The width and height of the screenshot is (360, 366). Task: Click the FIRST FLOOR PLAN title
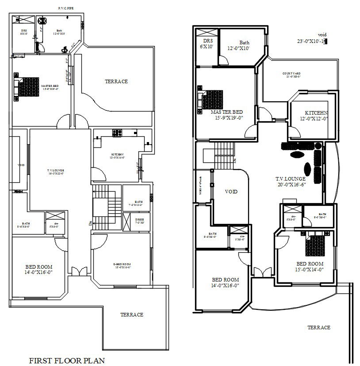tap(67, 360)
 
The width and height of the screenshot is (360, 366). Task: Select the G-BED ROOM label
tap(122, 265)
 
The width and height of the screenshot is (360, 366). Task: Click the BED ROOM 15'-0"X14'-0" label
tap(310, 266)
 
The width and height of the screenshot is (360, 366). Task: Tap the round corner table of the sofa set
tap(318, 145)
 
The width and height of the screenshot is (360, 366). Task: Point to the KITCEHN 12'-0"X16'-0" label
tap(117, 156)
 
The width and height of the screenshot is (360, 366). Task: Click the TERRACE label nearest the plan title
tap(132, 315)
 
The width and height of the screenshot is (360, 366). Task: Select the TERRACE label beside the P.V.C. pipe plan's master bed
tap(116, 81)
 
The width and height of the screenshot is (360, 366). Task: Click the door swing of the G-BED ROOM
tap(99, 241)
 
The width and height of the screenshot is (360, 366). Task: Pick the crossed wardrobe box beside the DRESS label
tap(127, 220)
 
